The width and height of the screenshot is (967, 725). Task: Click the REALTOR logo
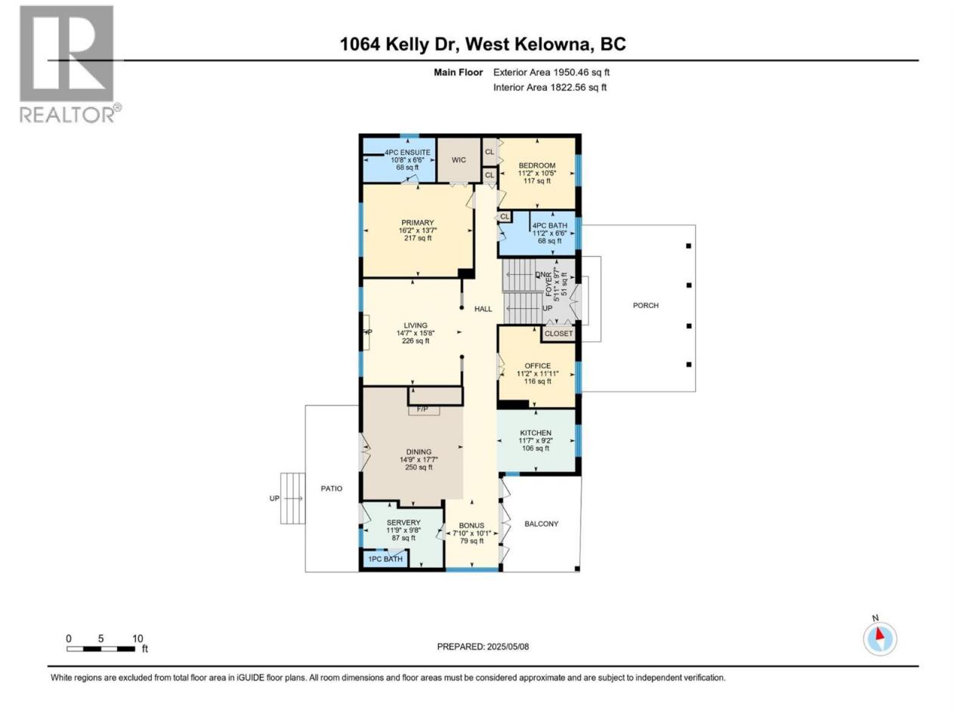[x=70, y=64]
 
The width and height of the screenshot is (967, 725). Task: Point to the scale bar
[x=101, y=649]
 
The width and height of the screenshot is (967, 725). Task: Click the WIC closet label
[x=459, y=160]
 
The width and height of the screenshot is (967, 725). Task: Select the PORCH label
[x=645, y=305]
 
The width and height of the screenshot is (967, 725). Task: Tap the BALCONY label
[x=542, y=523]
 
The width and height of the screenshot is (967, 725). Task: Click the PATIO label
[x=332, y=488]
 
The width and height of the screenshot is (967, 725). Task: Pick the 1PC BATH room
[x=385, y=559]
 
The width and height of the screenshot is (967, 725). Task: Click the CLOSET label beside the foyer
[x=558, y=333]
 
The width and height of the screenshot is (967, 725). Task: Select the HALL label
[x=483, y=309]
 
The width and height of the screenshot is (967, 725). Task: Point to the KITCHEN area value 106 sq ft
[x=536, y=448]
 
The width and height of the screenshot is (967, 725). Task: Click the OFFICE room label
[x=537, y=366]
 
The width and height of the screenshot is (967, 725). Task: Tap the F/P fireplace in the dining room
[x=422, y=409]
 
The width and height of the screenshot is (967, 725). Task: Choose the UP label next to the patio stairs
[x=274, y=498]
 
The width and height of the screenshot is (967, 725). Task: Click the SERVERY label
[x=403, y=522]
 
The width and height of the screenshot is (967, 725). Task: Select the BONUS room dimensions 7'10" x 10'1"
[x=472, y=533]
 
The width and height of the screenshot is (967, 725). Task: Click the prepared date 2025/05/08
[x=508, y=646]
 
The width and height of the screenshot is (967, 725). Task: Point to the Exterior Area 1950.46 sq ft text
[x=551, y=72]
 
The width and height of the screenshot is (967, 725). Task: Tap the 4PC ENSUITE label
[x=407, y=153]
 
